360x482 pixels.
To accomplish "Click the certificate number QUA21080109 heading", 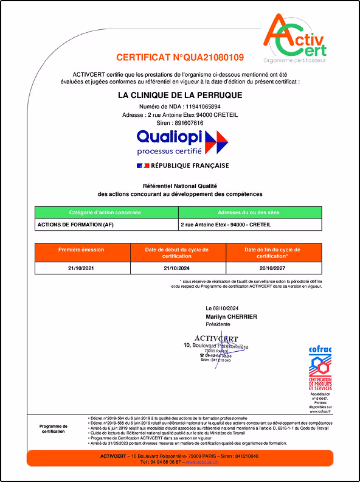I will pyautogui.click(x=180, y=58).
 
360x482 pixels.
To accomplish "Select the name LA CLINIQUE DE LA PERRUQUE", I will pyautogui.click(x=180, y=95).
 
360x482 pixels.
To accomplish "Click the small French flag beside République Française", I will pyautogui.click(x=143, y=166).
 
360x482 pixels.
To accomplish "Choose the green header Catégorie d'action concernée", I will pyautogui.click(x=106, y=212).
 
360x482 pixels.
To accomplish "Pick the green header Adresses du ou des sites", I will pyautogui.click(x=249, y=212).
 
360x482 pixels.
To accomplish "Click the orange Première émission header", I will pyautogui.click(x=81, y=250).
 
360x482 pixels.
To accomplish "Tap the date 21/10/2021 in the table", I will pyautogui.click(x=81, y=268).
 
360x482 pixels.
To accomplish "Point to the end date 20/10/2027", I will pyautogui.click(x=272, y=268).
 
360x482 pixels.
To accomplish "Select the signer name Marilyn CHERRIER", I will pyautogui.click(x=232, y=316).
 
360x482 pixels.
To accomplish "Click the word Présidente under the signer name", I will pyautogui.click(x=218, y=324).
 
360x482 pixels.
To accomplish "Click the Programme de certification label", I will pyautogui.click(x=54, y=428).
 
